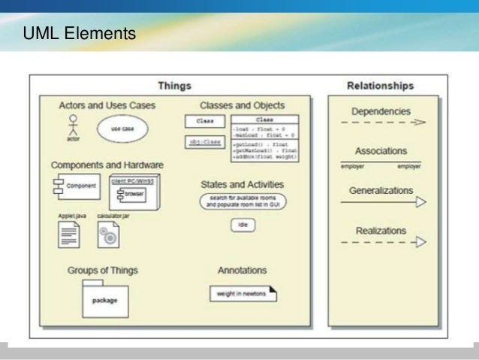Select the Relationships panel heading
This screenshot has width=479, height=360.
pos(381,85)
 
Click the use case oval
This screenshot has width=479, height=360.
pos(122,129)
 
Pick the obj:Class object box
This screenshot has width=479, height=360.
pos(204,141)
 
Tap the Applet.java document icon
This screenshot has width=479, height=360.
pos(70,236)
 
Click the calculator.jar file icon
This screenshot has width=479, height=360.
pos(109,236)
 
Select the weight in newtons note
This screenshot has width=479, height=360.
pos(241,292)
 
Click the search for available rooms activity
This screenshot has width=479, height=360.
pos(241,201)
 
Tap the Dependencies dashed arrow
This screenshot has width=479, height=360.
pos(381,122)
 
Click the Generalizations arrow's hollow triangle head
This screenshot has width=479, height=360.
pos(420,201)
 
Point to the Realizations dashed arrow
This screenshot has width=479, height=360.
pos(381,242)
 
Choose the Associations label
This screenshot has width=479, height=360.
pos(381,151)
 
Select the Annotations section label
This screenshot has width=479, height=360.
pos(242,270)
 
